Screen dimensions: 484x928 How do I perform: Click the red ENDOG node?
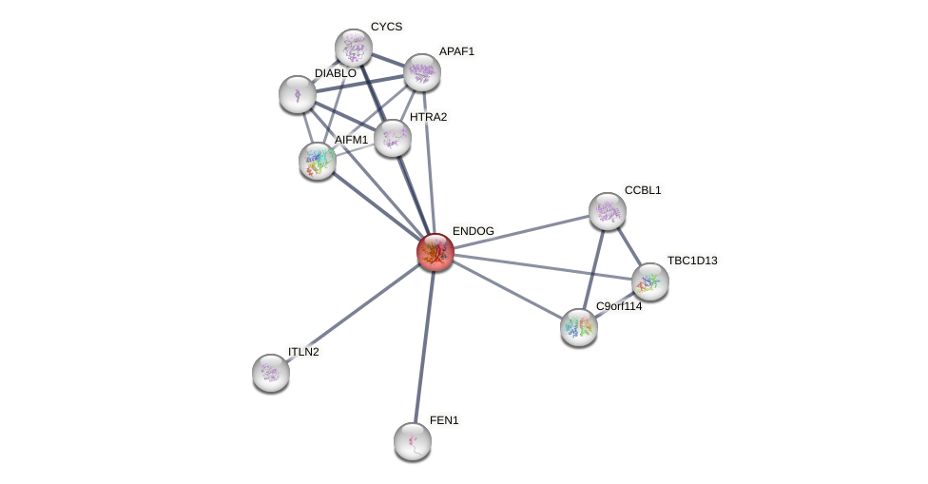(435, 252)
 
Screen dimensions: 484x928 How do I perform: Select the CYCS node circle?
(354, 48)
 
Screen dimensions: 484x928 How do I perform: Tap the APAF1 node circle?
(422, 72)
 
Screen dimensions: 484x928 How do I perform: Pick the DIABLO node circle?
(298, 94)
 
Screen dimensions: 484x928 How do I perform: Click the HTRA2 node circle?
(393, 138)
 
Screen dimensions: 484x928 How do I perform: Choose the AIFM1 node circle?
(318, 161)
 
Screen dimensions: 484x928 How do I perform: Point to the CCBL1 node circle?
(608, 211)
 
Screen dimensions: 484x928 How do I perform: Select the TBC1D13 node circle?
(650, 281)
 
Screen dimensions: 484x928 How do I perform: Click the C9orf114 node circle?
(579, 326)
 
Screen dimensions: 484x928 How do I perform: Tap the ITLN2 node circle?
(271, 372)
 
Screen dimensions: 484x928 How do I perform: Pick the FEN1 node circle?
(413, 440)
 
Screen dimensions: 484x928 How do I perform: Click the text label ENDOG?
(473, 231)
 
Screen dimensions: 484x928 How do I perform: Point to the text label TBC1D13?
(691, 261)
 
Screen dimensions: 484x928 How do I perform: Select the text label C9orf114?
(618, 306)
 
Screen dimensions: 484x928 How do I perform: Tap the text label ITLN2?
(303, 352)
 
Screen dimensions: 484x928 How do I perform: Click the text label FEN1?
(443, 420)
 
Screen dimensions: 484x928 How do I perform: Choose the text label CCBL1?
(642, 190)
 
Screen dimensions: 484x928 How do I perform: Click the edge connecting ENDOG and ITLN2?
(353, 312)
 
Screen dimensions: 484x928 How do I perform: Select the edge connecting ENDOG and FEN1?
(424, 346)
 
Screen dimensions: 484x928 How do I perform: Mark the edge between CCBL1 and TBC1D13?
(628, 246)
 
